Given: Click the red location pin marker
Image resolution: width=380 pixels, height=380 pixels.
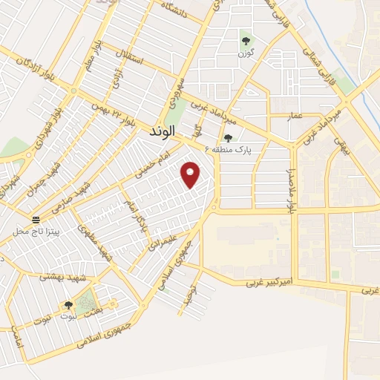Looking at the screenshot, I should (x=191, y=174).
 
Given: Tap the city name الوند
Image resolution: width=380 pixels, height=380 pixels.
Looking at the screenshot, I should (x=160, y=131).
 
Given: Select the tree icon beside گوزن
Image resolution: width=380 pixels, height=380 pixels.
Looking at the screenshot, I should (x=246, y=40).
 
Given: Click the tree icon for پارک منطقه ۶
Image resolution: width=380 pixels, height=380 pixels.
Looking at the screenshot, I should (x=229, y=137).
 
